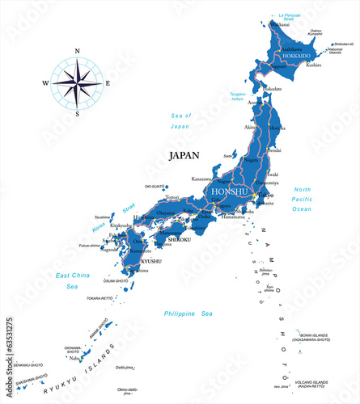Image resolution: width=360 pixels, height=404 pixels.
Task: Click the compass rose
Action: click(x=77, y=83)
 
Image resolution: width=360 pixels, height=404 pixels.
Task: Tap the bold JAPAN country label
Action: click(x=184, y=155)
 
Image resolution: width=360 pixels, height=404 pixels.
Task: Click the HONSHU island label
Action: click(x=227, y=192)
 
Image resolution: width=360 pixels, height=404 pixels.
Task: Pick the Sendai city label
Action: click(x=275, y=150)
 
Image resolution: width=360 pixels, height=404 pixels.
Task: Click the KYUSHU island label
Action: click(x=151, y=261)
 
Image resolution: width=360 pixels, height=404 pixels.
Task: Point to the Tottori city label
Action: click(x=172, y=197)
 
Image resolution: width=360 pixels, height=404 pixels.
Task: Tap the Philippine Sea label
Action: click(x=187, y=314)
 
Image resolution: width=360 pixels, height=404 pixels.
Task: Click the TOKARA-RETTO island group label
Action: click(x=100, y=298)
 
